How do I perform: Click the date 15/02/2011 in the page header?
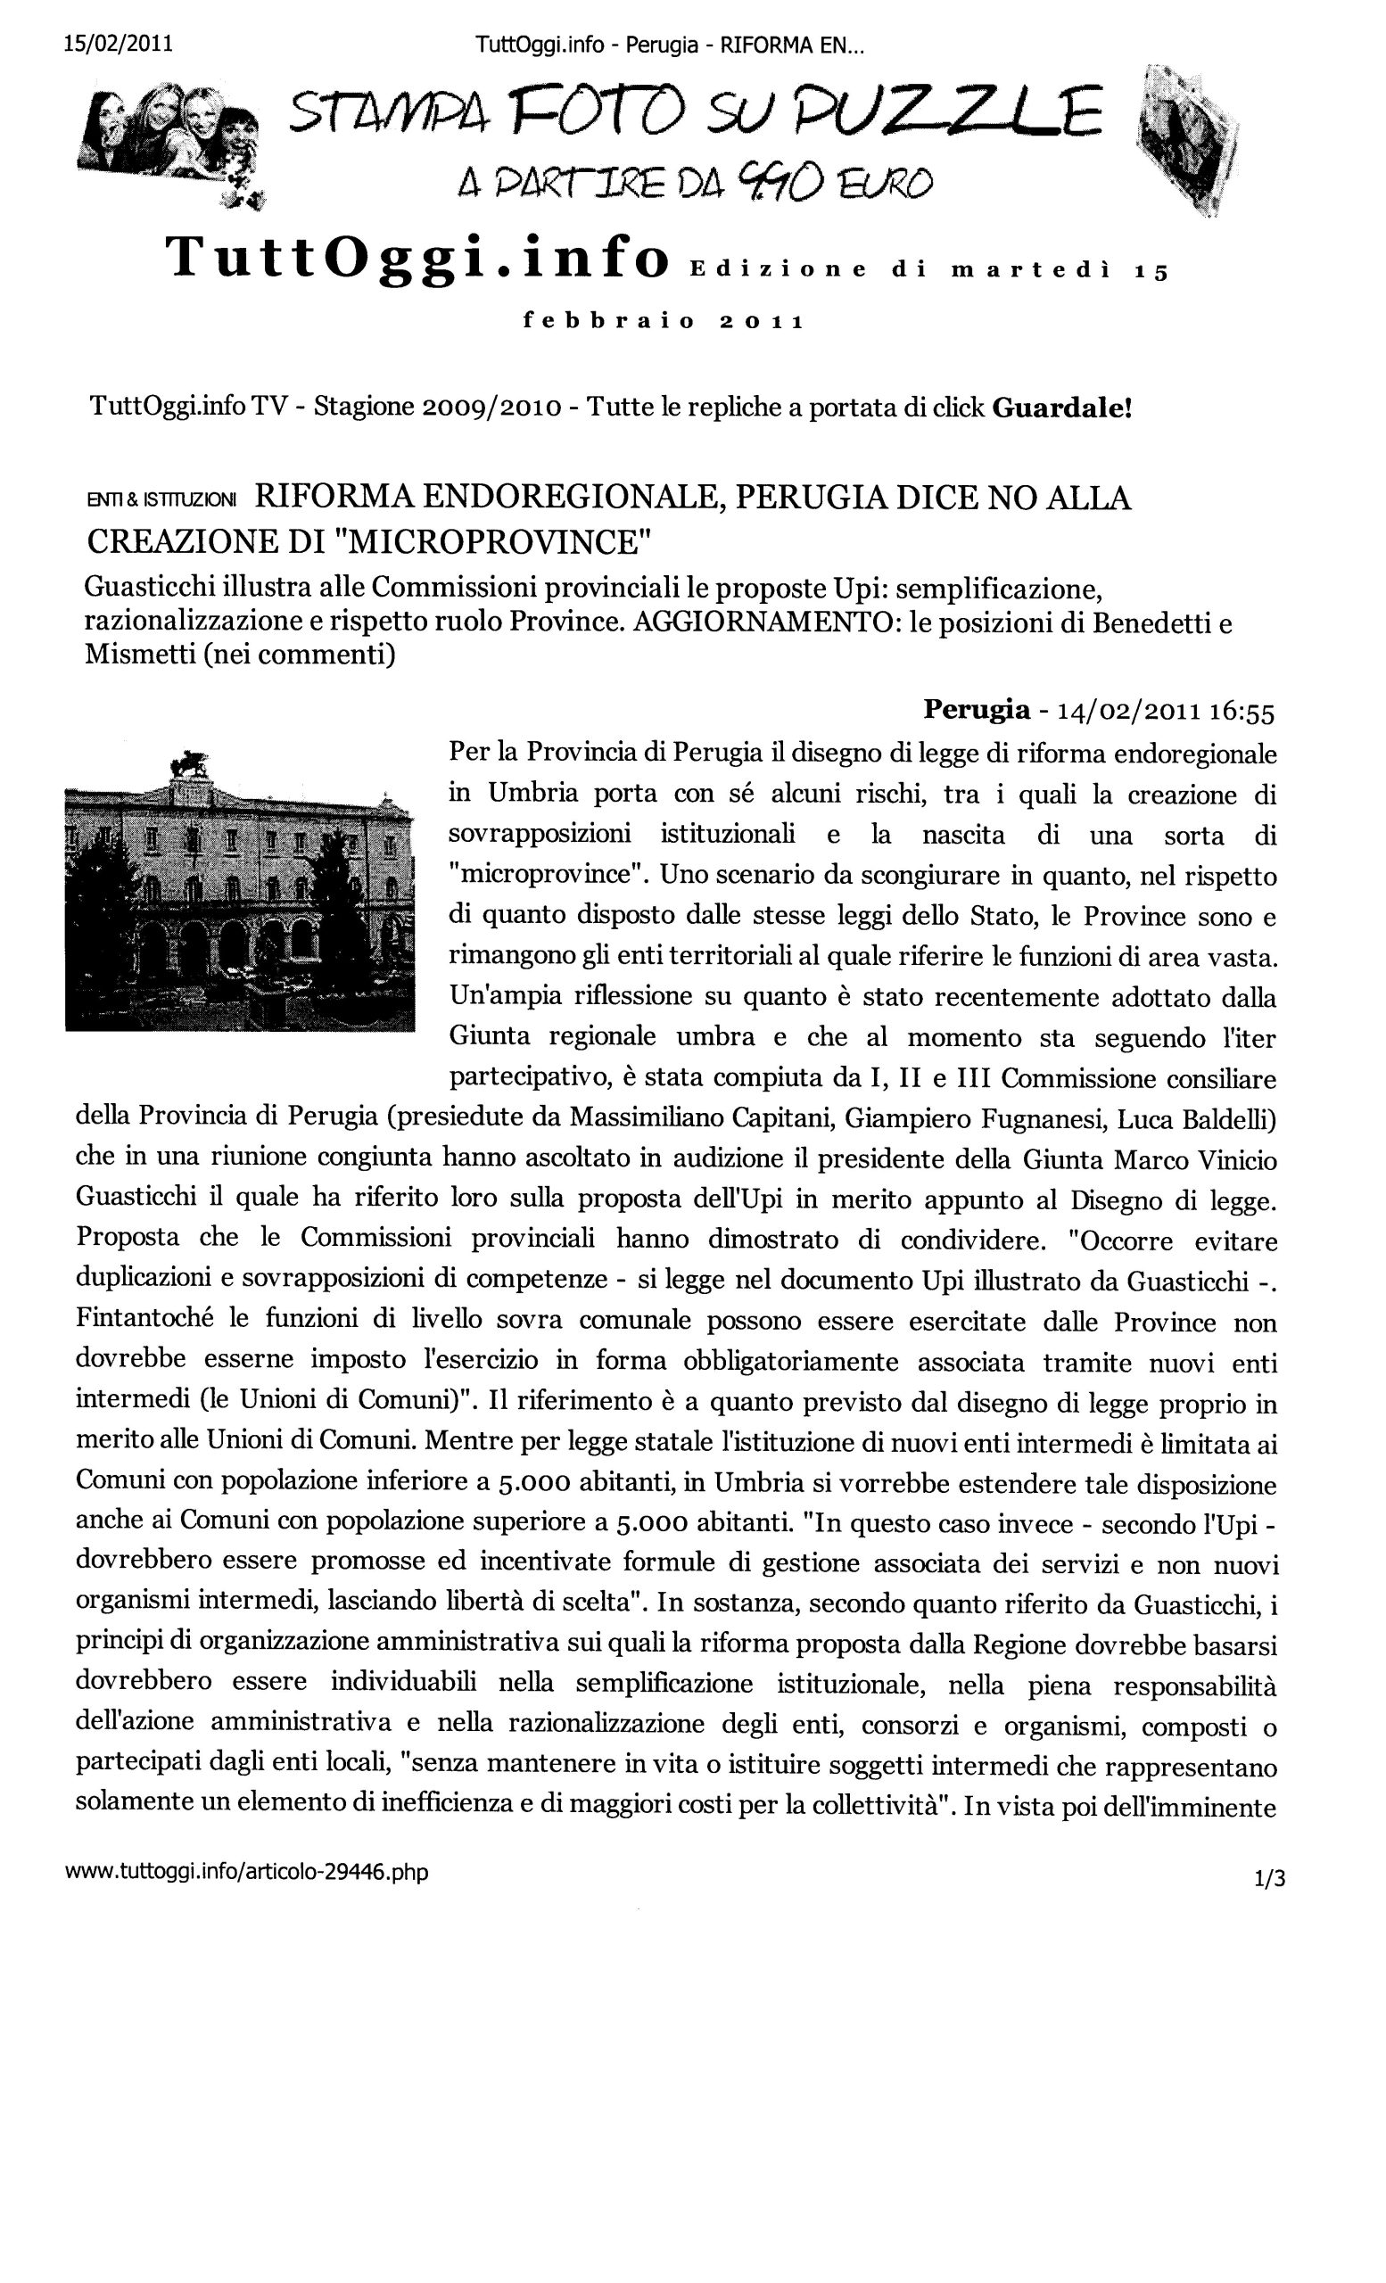coord(118,45)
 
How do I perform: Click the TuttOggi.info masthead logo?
coord(416,257)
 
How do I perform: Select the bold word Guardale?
coord(1061,408)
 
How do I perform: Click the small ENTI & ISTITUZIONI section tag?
coord(161,500)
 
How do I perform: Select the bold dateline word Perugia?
coord(976,710)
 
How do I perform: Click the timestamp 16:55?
coord(1242,712)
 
